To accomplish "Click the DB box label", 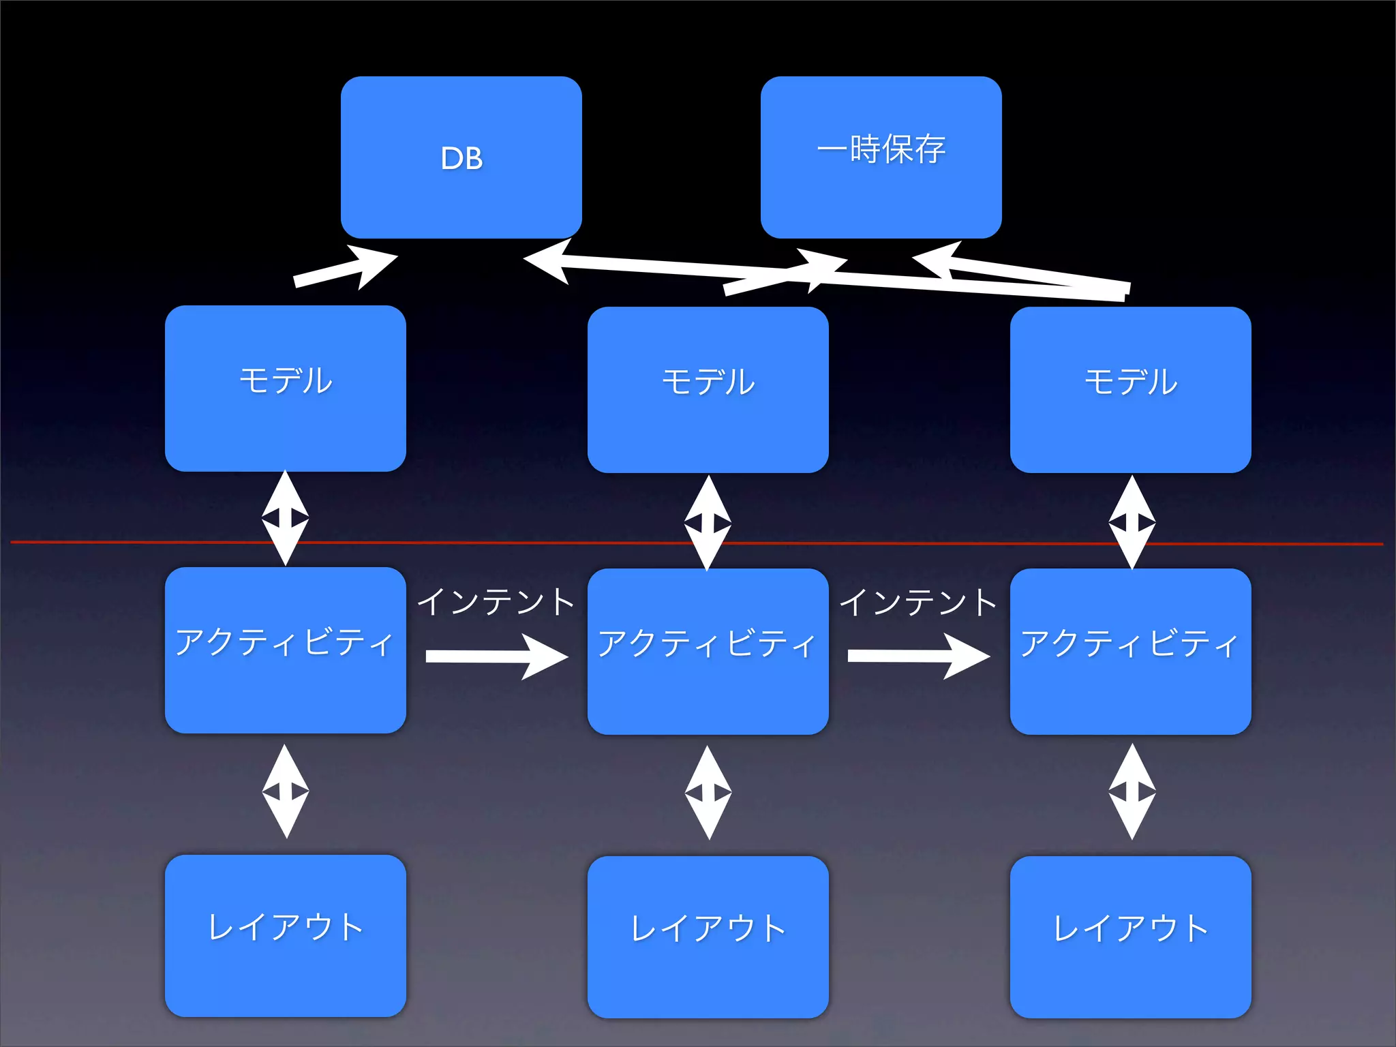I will tap(461, 159).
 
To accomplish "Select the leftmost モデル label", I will tap(286, 380).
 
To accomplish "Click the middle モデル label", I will tap(708, 382).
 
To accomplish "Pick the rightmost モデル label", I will tap(1131, 382).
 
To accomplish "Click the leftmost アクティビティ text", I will tap(284, 642).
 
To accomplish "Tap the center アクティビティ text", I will tap(707, 643).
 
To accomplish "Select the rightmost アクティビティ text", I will tap(1129, 643).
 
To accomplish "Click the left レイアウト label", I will tap(286, 928).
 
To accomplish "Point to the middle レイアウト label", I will tap(708, 929).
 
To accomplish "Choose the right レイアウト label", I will tap(1131, 929).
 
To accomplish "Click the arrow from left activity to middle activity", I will tap(496, 656).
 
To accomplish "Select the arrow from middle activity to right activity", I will tap(917, 656).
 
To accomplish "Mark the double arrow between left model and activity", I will tap(286, 519).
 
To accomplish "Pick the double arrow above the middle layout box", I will tap(708, 792).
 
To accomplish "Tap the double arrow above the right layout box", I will tap(1132, 791).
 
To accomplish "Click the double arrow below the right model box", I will tap(1132, 522).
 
